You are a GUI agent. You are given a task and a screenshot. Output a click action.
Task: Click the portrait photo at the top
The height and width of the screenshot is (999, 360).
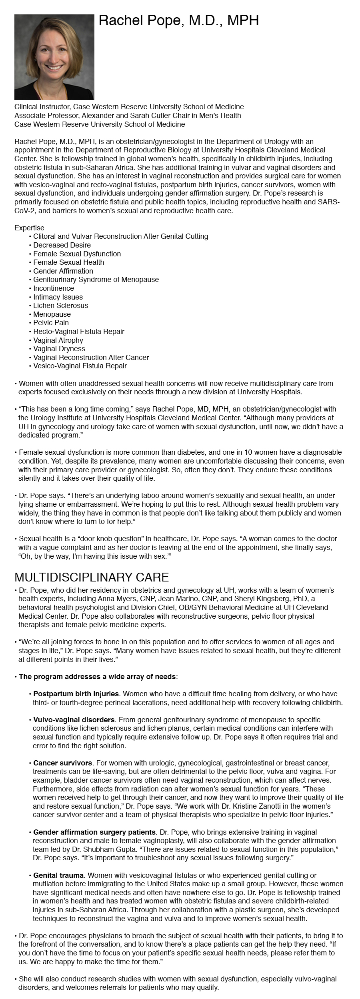tap(54, 57)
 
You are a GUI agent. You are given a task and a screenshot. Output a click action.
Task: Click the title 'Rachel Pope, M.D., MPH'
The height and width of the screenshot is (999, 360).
tap(179, 21)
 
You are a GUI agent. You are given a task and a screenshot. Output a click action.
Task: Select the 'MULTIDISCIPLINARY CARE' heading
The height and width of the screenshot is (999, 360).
tap(92, 577)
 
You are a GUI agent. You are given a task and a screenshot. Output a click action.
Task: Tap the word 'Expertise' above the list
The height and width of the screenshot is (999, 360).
tap(29, 228)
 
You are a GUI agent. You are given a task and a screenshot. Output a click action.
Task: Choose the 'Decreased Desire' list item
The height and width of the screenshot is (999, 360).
tap(62, 245)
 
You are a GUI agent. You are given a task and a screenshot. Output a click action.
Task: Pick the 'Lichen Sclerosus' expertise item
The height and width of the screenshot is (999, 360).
tap(60, 306)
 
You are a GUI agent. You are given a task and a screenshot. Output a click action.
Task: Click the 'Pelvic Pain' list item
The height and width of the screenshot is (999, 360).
tap(51, 323)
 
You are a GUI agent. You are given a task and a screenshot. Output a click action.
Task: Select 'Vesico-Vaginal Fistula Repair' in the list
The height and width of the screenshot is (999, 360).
tap(80, 366)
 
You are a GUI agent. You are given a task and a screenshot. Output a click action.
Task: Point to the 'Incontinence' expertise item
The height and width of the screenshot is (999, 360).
tap(54, 288)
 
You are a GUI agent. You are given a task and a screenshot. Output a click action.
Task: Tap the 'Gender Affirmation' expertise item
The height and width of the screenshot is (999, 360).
tap(63, 271)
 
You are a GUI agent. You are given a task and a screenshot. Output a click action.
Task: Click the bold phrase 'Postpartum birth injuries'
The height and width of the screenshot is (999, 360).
tap(76, 694)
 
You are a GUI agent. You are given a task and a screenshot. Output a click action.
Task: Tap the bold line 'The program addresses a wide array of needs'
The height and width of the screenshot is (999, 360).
tap(97, 677)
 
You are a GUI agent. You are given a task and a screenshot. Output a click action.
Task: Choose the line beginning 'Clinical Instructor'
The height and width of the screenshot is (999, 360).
tap(129, 107)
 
